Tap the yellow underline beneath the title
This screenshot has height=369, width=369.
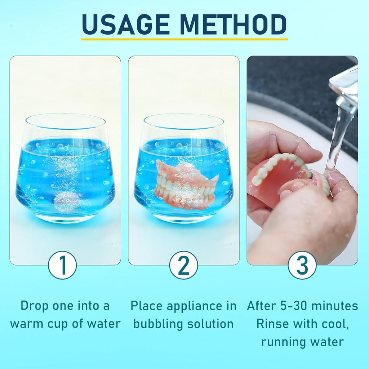pyautogui.click(x=184, y=39)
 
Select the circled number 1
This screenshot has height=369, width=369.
pyautogui.click(x=62, y=265)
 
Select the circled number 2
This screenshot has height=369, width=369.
pyautogui.click(x=183, y=265)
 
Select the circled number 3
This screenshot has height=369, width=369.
pyautogui.click(x=302, y=265)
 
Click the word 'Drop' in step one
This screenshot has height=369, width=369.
pyautogui.click(x=34, y=306)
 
